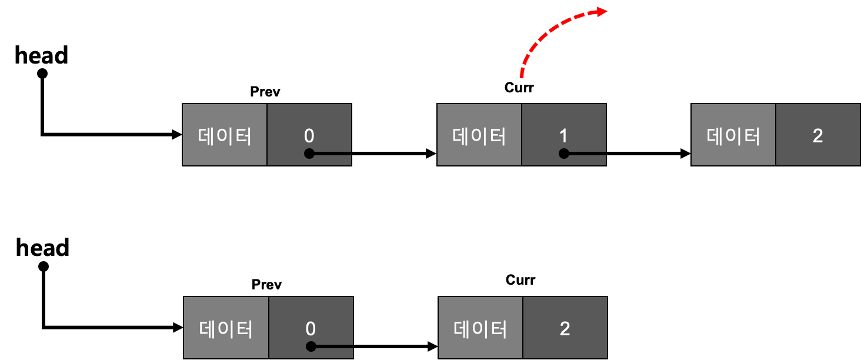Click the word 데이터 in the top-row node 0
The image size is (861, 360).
[225, 136]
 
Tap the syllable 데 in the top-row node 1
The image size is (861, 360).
[462, 136]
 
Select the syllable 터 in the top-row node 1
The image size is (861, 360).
[498, 136]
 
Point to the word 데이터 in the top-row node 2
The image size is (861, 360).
[733, 136]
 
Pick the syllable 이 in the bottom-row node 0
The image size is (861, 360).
[227, 329]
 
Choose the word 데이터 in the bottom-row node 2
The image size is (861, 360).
[480, 329]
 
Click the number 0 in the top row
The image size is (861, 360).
[309, 136]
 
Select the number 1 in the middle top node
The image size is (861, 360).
[563, 136]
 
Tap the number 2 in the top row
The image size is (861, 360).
[817, 136]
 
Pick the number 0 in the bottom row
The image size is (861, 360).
[311, 328]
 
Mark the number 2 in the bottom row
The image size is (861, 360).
[565, 328]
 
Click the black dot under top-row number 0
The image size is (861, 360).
[309, 154]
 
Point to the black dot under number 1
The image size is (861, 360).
[563, 154]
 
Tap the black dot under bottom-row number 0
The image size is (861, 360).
[311, 346]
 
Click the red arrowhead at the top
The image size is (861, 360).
[601, 12]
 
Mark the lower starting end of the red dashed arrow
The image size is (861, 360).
[521, 75]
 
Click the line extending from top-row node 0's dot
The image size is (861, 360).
[333, 154]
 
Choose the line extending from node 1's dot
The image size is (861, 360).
[587, 154]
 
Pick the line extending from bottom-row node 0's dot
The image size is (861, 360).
[335, 346]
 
